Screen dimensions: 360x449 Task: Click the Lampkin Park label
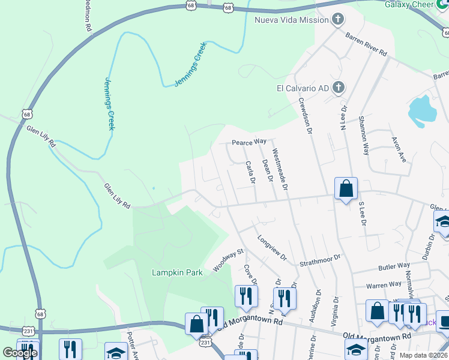[176, 272]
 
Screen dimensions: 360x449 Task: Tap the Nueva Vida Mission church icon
[338, 20]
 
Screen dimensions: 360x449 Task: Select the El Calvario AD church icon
[338, 88]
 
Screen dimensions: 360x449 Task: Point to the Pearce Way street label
[249, 142]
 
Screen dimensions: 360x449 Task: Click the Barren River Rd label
[366, 44]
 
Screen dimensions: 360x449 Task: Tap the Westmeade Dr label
[280, 170]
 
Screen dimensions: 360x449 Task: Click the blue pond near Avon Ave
[423, 111]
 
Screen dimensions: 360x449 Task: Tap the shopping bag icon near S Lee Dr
[346, 189]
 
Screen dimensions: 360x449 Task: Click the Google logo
[20, 353]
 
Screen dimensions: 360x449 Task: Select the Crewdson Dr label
[306, 117]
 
